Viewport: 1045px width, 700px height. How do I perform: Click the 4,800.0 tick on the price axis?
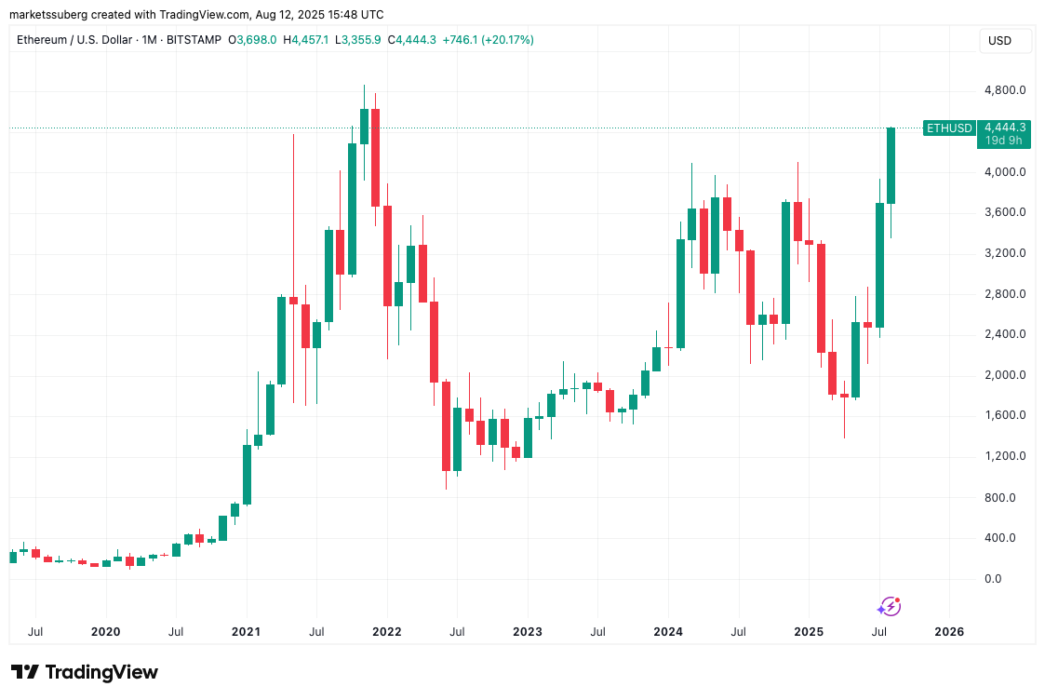click(x=1006, y=90)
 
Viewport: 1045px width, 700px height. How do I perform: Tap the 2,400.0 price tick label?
click(x=1006, y=334)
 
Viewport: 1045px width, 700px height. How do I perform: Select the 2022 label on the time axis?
click(x=386, y=631)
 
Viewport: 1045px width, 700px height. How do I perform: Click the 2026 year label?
click(x=949, y=631)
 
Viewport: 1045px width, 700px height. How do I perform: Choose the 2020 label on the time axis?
click(x=105, y=631)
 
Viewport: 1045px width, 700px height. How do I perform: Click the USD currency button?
click(x=999, y=41)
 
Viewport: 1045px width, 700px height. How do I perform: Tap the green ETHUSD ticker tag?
click(x=949, y=128)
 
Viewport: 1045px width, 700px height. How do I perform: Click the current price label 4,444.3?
click(x=1004, y=128)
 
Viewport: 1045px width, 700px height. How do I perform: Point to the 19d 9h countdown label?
click(x=1004, y=141)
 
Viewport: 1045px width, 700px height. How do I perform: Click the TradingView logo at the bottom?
click(x=85, y=672)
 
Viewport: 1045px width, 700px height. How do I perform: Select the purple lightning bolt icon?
click(x=889, y=607)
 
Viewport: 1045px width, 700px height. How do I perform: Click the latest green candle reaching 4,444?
click(x=891, y=166)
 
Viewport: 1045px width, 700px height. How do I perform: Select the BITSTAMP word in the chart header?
click(x=198, y=40)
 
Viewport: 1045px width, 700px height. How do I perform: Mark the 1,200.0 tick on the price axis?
click(x=1006, y=456)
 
